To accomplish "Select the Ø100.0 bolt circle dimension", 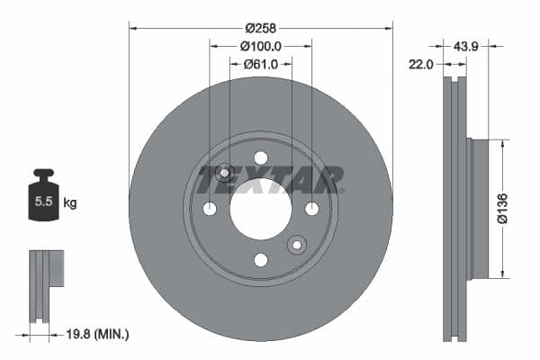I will pyautogui.click(x=261, y=45).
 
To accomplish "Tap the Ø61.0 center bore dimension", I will pyautogui.click(x=261, y=64).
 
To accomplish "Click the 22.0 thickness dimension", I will pyautogui.click(x=422, y=64).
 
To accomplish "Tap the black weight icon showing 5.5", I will pyautogui.click(x=43, y=199).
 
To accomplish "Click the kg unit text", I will pyautogui.click(x=70, y=203).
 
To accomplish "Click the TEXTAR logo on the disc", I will pyautogui.click(x=270, y=179).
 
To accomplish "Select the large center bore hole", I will pyautogui.click(x=261, y=209).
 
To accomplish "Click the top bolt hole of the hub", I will pyautogui.click(x=261, y=158).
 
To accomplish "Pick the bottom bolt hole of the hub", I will pyautogui.click(x=261, y=260).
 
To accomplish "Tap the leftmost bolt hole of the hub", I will pyautogui.click(x=210, y=209).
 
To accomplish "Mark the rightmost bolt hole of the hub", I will pyautogui.click(x=312, y=209).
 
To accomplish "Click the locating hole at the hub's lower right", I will pyautogui.click(x=296, y=245).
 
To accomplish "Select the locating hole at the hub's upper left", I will pyautogui.click(x=225, y=173).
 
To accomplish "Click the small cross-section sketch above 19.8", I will pyautogui.click(x=45, y=283).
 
